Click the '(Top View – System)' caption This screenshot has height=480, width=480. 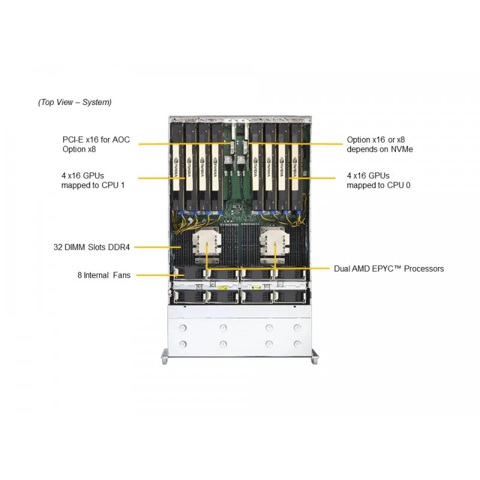click(74, 102)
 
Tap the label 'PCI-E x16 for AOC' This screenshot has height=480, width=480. click(96, 140)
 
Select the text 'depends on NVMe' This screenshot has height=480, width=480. click(380, 149)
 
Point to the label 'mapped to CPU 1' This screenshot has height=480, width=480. click(93, 185)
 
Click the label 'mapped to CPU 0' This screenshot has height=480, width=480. click(379, 185)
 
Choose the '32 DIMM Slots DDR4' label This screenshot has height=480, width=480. click(92, 247)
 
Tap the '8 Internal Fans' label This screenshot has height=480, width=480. click(104, 275)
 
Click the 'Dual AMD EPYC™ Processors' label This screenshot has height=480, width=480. click(389, 269)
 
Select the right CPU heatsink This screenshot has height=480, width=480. click(273, 245)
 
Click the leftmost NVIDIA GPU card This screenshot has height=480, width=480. click(176, 166)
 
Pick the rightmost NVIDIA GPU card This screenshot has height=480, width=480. click(296, 166)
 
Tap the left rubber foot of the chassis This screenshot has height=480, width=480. click(164, 356)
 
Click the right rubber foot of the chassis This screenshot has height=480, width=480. click(314, 356)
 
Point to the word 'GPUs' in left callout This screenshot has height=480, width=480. click(94, 176)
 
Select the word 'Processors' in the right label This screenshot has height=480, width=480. click(424, 269)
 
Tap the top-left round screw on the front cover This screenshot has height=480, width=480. click(183, 328)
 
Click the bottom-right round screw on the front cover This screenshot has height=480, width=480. click(297, 344)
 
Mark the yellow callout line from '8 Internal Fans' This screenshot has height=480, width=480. click(160, 275)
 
